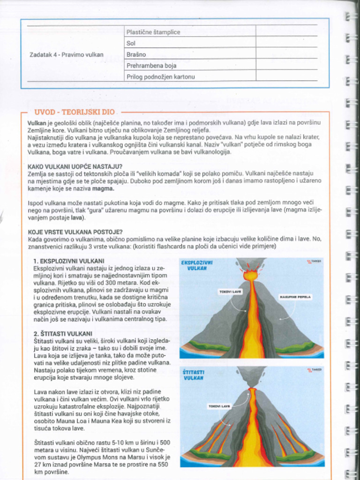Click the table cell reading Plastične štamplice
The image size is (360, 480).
153,32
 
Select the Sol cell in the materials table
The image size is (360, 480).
131,43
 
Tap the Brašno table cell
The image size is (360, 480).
136,54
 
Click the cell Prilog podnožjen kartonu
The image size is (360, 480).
160,76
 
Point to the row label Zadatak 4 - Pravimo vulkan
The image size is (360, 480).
67,54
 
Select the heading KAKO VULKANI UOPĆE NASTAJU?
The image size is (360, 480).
75,166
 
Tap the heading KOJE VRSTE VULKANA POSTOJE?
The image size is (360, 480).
75,232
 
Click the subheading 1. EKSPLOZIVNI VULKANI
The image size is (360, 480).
69,261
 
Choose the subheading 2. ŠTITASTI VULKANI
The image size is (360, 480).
63,334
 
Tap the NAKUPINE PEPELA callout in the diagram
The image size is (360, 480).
295,297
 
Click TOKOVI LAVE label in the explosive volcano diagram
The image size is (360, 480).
230,292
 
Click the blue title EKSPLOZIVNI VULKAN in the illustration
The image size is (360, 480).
197,266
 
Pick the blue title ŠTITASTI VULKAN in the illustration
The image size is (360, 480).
193,375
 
